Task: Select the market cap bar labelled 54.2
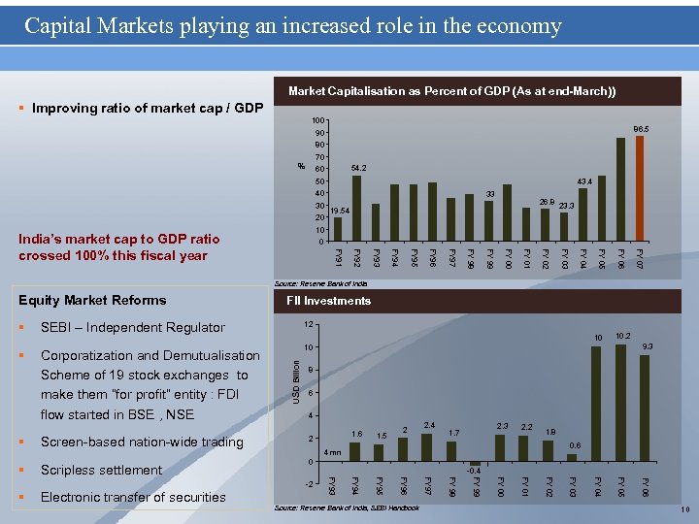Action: click(356, 208)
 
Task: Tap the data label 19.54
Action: click(339, 211)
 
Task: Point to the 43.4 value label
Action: click(584, 181)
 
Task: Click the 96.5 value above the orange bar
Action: click(641, 127)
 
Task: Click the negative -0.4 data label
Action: click(475, 471)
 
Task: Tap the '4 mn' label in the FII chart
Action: click(332, 452)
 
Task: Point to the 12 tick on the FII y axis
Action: click(309, 324)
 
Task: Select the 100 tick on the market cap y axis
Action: click(316, 120)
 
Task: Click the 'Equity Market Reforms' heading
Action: click(92, 300)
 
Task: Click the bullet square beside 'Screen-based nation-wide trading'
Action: click(22, 442)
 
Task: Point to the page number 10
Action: click(682, 509)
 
